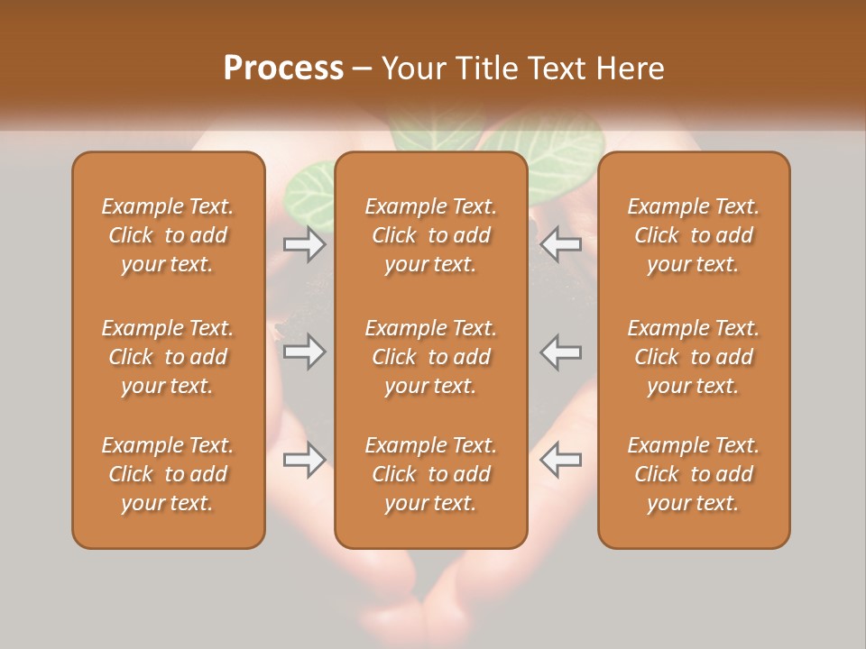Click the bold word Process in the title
tap(283, 69)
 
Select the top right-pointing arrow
tap(304, 243)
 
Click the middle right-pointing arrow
tap(304, 352)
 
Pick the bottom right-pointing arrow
tap(304, 460)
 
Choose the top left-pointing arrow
tap(561, 243)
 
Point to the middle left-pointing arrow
tap(561, 352)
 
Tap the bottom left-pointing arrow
tap(561, 460)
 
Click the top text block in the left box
tap(168, 235)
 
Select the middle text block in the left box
tap(168, 357)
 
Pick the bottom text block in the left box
tap(168, 474)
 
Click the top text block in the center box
tap(430, 235)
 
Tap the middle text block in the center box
tap(430, 357)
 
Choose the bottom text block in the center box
tap(430, 474)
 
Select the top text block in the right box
tap(693, 235)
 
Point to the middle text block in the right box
tap(693, 357)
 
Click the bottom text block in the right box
tap(693, 474)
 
